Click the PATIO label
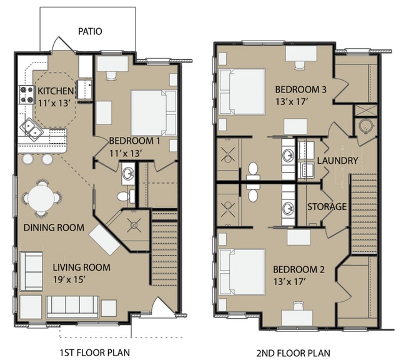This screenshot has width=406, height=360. pyautogui.click(x=90, y=31)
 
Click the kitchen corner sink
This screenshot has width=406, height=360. pyautogui.click(x=31, y=129)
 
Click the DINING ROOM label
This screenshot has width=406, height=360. pyautogui.click(x=54, y=227)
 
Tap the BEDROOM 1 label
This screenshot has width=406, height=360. pyautogui.click(x=134, y=141)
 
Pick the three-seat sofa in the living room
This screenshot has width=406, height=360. pyautogui.click(x=72, y=306)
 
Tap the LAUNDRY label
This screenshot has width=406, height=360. pyautogui.click(x=337, y=161)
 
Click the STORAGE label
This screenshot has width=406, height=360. pyautogui.click(x=326, y=206)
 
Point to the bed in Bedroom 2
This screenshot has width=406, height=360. pyautogui.click(x=242, y=271)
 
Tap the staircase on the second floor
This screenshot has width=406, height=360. pyautogui.click(x=364, y=212)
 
